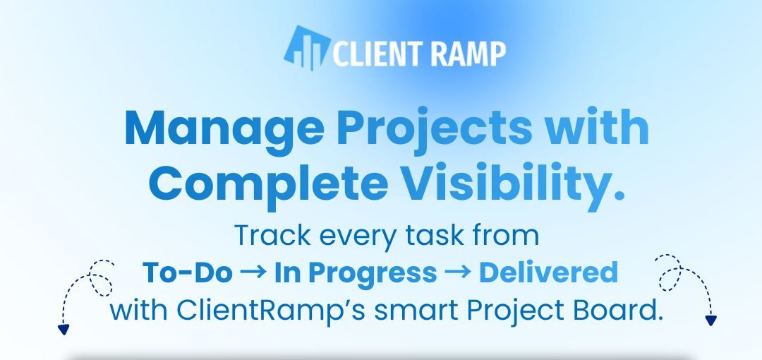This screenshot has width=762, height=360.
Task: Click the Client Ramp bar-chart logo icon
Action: click(x=306, y=49)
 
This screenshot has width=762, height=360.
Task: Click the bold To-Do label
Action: click(x=187, y=272)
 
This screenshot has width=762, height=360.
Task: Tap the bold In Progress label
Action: click(x=356, y=273)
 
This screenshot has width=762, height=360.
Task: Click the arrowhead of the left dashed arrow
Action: click(x=64, y=329)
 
